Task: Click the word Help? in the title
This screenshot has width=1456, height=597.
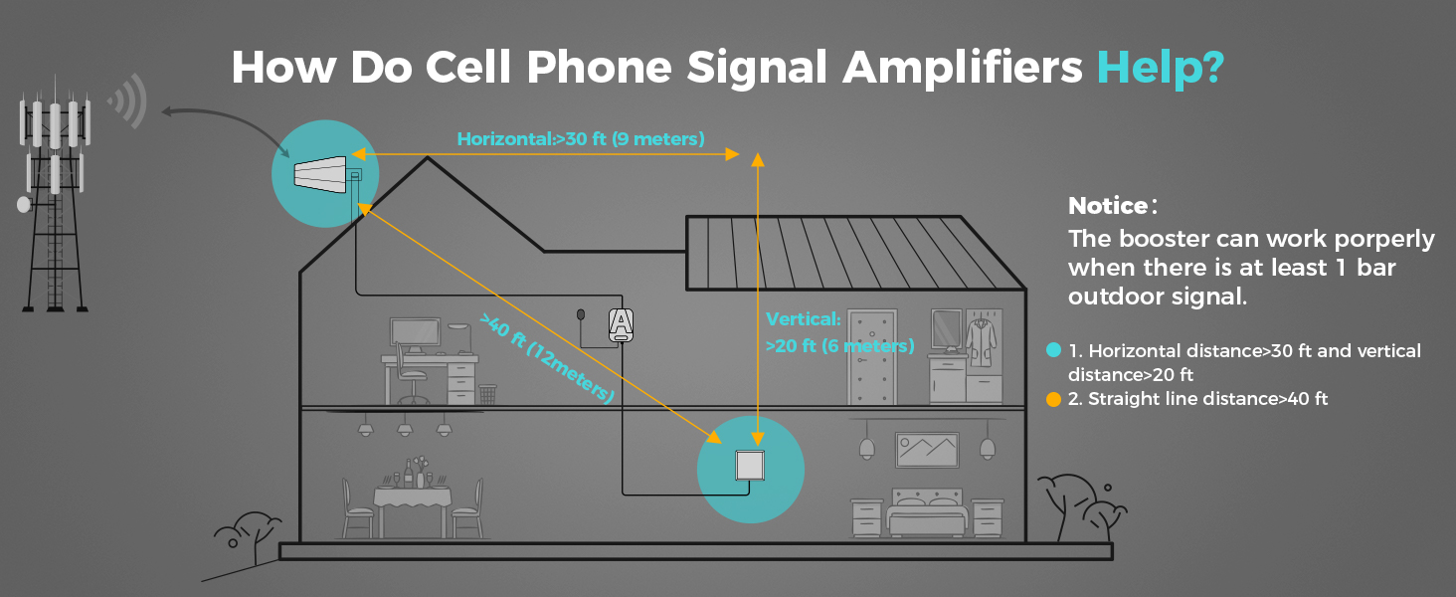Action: [x=1160, y=68]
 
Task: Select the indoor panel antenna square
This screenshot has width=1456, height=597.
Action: [x=749, y=466]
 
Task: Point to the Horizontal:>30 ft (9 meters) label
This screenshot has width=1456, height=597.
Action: [x=581, y=139]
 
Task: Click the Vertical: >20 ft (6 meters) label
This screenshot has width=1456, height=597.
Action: [x=838, y=333]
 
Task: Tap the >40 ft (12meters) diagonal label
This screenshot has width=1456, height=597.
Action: [x=547, y=358]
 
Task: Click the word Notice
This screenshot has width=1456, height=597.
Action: [x=1108, y=206]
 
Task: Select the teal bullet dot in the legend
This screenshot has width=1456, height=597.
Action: [x=1053, y=350]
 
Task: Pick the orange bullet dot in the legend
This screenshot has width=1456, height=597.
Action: [x=1053, y=399]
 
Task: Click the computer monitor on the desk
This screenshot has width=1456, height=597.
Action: [x=415, y=334]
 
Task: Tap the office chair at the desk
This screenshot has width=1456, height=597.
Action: [x=412, y=376]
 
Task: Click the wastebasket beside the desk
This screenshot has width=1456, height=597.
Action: [x=487, y=395]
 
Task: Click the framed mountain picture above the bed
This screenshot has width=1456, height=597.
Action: [x=927, y=450]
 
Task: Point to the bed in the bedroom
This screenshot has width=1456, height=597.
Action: [x=926, y=512]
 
